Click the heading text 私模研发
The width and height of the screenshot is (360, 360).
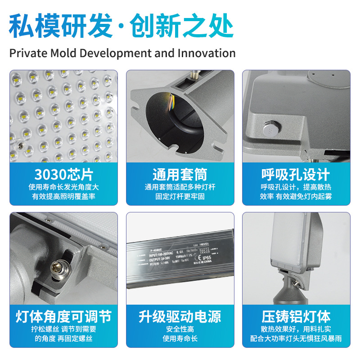coord(61,26)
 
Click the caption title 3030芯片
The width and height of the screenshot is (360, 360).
coord(63,175)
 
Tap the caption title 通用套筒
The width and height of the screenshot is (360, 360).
coord(180,175)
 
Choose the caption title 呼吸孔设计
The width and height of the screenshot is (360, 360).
coord(296,175)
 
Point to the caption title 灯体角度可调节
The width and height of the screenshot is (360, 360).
coord(63,316)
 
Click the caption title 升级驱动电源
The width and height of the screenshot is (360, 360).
coord(180,316)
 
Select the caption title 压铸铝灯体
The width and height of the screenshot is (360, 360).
coord(296,316)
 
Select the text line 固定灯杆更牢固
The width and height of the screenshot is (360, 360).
coord(180,197)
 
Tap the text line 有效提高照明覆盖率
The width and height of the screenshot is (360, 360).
coord(63,197)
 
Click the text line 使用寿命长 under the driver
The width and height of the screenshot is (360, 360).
coord(180,338)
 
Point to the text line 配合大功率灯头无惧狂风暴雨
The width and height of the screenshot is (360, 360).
coord(296,338)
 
